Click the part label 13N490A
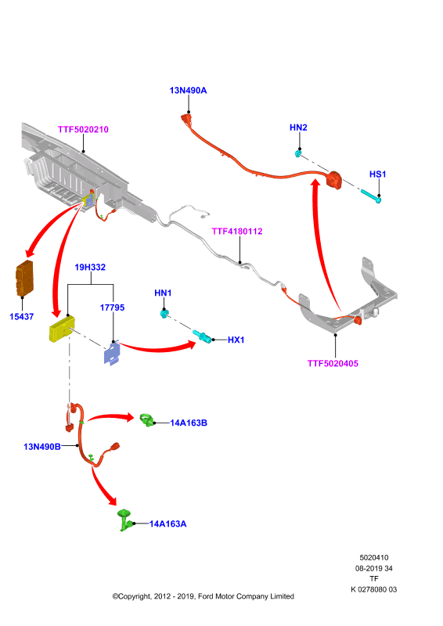click(188, 91)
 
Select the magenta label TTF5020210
click(83, 129)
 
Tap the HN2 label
click(298, 128)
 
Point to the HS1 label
click(378, 174)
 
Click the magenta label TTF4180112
click(237, 231)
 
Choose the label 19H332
click(90, 267)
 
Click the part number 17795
click(112, 308)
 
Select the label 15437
click(22, 317)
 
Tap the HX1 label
click(236, 340)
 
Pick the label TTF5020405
click(333, 363)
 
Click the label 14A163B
click(189, 423)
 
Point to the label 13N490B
click(42, 447)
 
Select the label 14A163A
click(168, 523)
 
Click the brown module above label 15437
click(24, 279)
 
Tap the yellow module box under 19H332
click(62, 329)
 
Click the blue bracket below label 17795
click(112, 354)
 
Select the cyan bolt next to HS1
click(371, 196)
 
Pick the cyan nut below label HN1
click(164, 314)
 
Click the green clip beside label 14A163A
click(124, 520)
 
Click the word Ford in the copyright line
click(205, 596)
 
